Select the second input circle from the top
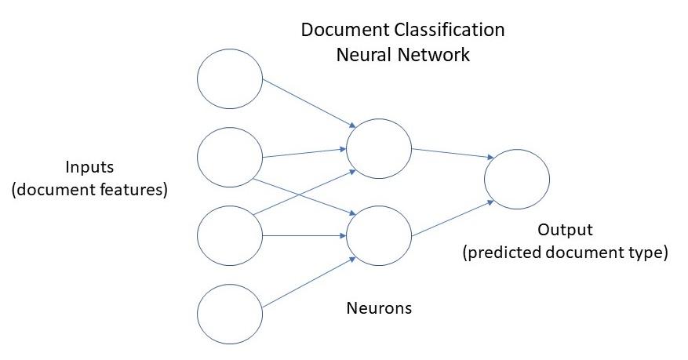point(229,158)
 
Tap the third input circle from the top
point(229,235)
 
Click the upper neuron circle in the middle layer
point(379,149)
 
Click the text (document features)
point(90,190)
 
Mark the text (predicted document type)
point(565,253)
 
